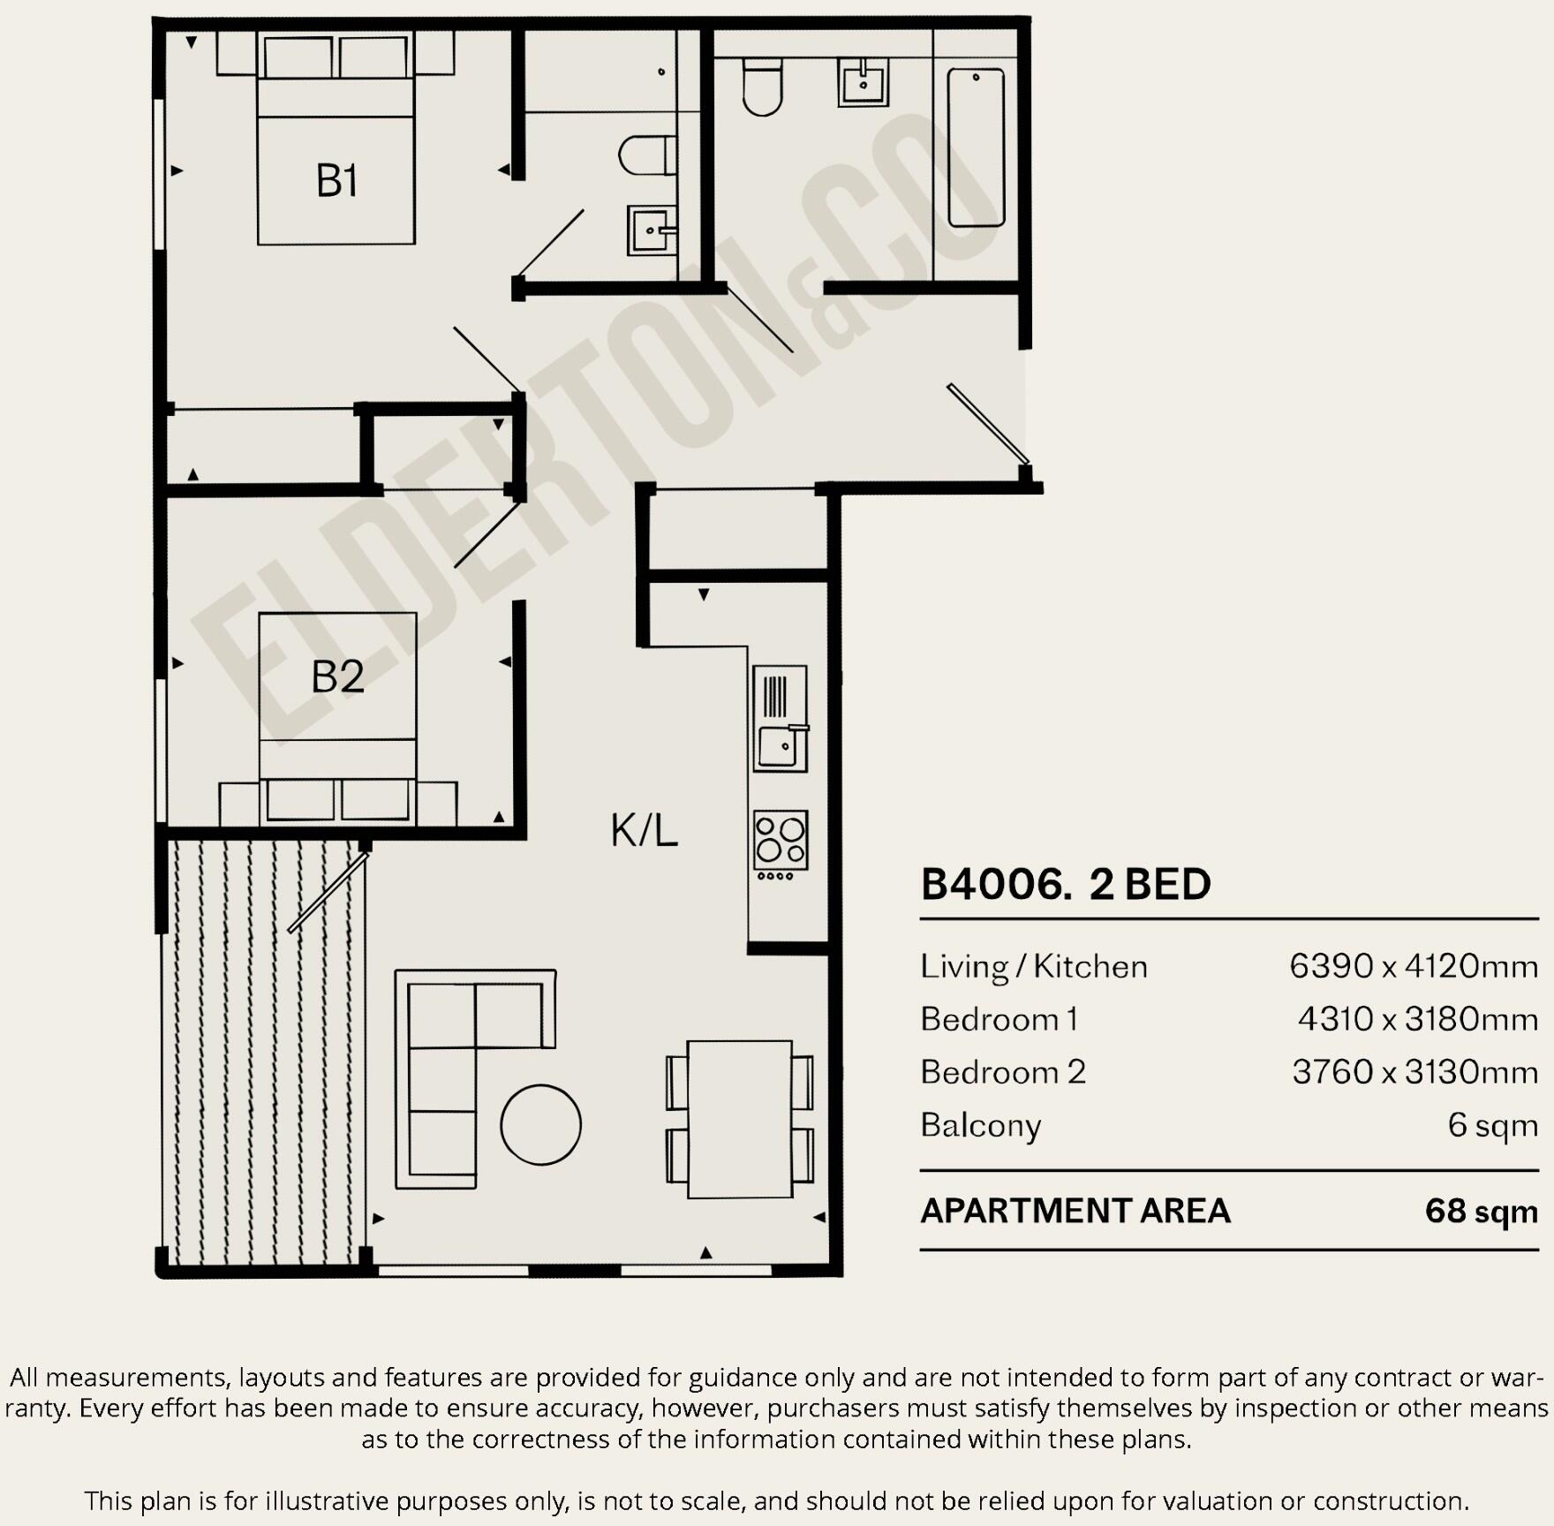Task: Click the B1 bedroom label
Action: [336, 181]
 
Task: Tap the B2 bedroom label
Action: [337, 676]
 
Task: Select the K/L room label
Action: [644, 830]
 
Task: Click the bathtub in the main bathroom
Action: [976, 147]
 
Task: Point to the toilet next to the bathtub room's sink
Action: [762, 87]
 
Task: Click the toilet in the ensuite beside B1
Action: [646, 155]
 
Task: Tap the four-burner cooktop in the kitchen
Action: [781, 840]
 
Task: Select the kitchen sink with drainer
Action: [781, 718]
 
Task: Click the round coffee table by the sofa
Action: [540, 1124]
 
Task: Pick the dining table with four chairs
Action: [739, 1119]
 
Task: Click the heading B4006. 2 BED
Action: [1065, 884]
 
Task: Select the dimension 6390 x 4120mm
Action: [1413, 966]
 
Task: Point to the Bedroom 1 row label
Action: [999, 1019]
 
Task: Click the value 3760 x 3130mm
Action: [1414, 1072]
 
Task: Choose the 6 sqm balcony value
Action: [1492, 1125]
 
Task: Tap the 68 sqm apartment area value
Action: [1481, 1211]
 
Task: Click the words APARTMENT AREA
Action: [1075, 1211]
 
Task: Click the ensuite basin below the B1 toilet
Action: [652, 230]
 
